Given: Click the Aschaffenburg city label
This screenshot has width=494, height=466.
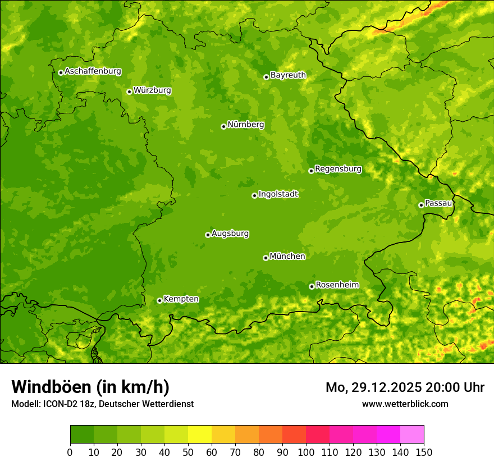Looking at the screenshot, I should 93,71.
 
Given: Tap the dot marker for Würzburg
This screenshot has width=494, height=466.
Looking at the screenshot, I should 129,92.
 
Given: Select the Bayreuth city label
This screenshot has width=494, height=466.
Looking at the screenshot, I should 288,75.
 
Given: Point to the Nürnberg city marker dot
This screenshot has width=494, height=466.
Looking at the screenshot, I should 223,126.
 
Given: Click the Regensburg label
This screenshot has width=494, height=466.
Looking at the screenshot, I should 338,169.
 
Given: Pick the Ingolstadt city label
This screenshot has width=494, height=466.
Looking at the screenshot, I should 278,194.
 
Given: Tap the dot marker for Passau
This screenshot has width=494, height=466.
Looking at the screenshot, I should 421,205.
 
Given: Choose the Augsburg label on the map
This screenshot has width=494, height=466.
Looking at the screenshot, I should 230,234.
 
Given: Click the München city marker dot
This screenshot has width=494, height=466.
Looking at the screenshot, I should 266,258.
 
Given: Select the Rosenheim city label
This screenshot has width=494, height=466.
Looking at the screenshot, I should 337,285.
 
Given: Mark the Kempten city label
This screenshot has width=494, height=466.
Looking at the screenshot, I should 181,299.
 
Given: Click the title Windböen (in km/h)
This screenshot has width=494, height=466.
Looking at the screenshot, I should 90,387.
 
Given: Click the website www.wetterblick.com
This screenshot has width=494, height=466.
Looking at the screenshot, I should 405,404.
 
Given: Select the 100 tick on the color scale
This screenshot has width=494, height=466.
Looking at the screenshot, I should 306,452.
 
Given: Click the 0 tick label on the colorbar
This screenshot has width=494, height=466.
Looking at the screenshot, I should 70,452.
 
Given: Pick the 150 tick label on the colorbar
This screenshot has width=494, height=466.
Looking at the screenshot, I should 424,452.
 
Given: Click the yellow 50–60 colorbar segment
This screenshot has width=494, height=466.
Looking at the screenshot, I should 200,435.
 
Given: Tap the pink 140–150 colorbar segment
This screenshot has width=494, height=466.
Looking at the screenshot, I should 412,435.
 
